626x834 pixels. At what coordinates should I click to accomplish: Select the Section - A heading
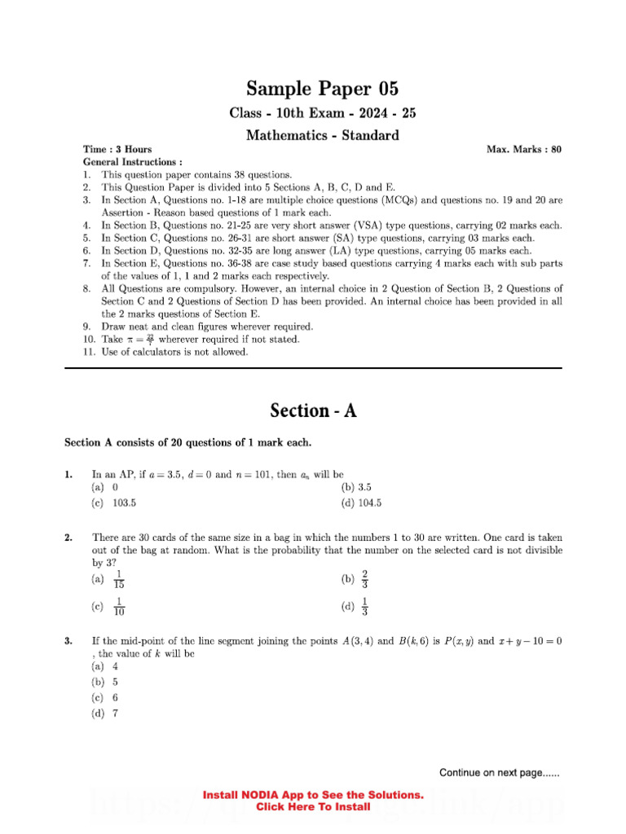[x=313, y=410]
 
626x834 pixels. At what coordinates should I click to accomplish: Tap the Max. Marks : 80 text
[x=523, y=150]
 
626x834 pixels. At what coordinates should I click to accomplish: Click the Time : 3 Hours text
[x=117, y=150]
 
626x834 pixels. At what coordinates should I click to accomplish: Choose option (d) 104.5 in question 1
[x=361, y=503]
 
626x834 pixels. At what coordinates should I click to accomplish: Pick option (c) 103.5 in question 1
[x=114, y=503]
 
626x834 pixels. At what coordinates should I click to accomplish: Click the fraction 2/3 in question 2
[x=364, y=579]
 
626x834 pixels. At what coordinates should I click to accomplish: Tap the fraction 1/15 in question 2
[x=119, y=579]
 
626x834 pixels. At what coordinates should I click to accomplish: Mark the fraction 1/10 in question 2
[x=119, y=607]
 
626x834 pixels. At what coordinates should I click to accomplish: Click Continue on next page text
[x=499, y=773]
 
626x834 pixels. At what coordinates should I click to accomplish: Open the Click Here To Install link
[x=313, y=807]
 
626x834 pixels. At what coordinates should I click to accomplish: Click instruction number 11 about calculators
[x=174, y=352]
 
